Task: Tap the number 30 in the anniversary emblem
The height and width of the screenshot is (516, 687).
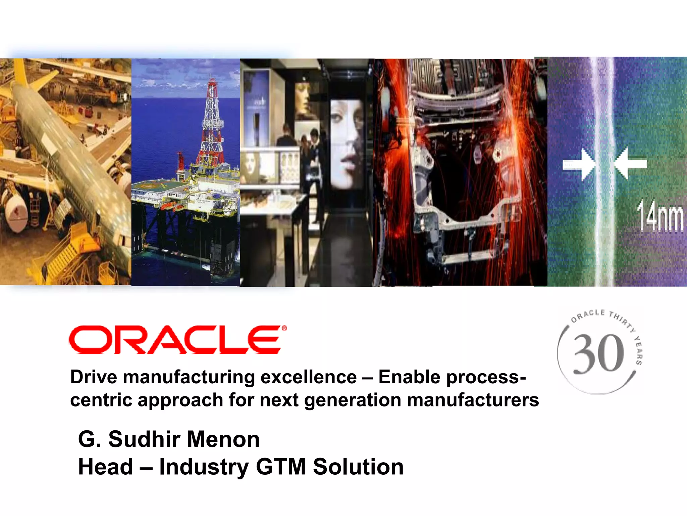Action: [598, 354]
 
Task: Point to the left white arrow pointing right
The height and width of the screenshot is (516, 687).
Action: [579, 164]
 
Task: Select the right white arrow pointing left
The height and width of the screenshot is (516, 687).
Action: [630, 164]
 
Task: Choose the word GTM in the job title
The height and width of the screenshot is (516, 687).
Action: [281, 467]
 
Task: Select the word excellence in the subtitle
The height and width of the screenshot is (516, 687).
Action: [308, 377]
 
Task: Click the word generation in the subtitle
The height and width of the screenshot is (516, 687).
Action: [352, 400]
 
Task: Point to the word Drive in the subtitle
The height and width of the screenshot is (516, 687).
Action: [94, 377]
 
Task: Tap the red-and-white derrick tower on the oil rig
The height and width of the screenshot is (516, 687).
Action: [212, 124]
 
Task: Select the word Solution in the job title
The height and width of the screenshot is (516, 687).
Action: [358, 467]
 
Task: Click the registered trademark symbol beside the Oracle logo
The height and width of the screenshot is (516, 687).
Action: [284, 328]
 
